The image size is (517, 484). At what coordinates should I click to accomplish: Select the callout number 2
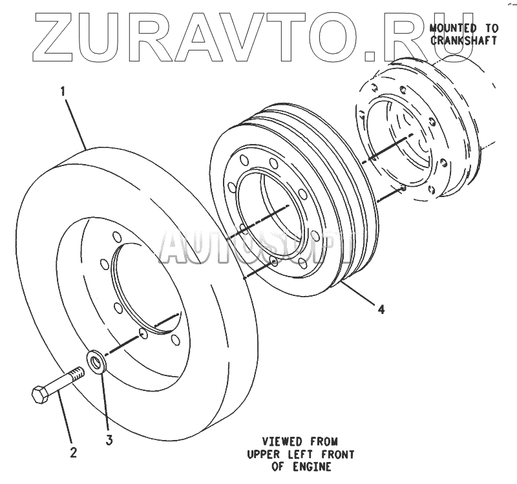click(73, 452)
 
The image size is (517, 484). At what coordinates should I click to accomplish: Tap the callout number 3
click(109, 441)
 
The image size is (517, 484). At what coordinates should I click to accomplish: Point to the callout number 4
click(382, 310)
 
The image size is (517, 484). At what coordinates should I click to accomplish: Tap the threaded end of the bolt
click(76, 373)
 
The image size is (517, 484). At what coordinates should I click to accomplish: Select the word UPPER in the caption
click(263, 454)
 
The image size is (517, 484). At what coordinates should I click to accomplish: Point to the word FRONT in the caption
click(336, 454)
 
